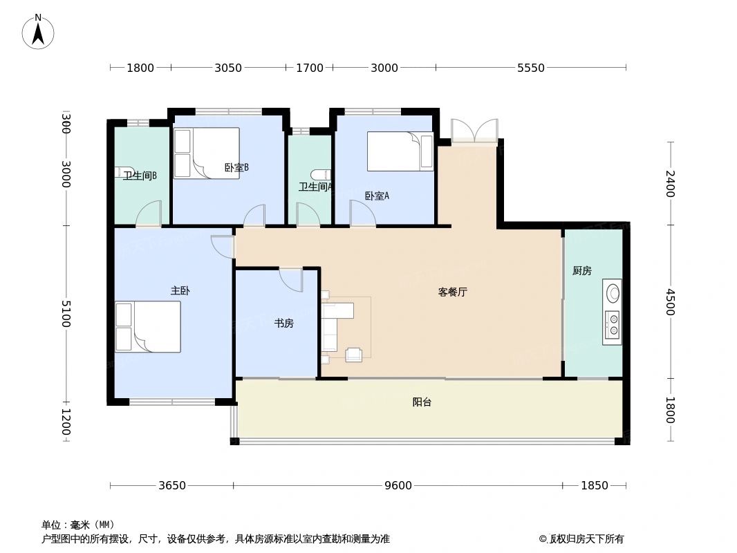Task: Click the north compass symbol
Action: coord(38,31)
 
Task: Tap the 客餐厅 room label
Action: coord(452,292)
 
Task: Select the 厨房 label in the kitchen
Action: coord(582,271)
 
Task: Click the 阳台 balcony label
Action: coord(422,402)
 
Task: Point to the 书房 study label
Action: coord(284,323)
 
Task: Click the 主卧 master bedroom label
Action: coord(180,291)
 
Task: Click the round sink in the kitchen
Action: coord(613,293)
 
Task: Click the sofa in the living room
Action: coord(330,326)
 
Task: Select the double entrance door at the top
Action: coord(474,131)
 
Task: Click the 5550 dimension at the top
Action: coord(530,68)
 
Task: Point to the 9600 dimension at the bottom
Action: coord(398,485)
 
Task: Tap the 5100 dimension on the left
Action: coord(66,314)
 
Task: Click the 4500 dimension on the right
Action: coord(669,301)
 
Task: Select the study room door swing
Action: coord(292,279)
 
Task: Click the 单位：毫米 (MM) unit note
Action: coord(78,525)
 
